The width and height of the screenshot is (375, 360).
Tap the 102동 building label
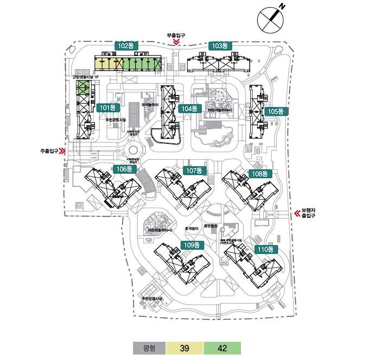pos(125,46)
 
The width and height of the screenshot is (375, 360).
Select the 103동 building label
pos(220,46)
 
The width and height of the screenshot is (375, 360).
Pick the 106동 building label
pos(124,169)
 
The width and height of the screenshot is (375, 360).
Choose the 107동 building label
pos(194,170)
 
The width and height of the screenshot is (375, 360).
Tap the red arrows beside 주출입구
pos(62,151)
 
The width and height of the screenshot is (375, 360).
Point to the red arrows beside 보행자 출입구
pos(297,214)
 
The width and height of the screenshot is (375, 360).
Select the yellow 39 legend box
pos(184,348)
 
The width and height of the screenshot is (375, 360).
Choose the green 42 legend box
pos(222,348)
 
